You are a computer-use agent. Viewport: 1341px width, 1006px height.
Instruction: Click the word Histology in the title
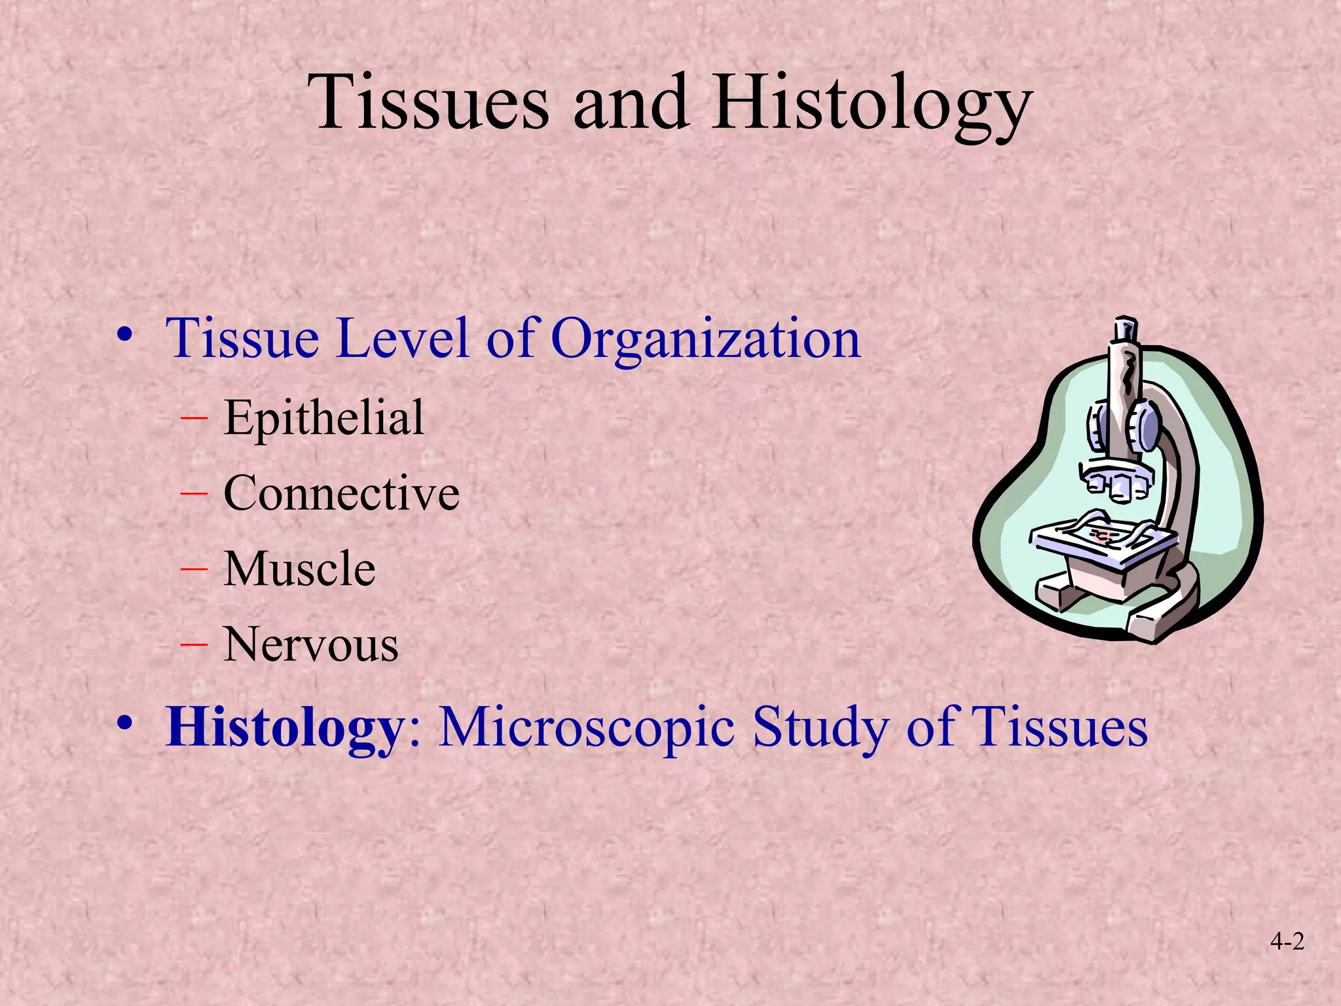[x=872, y=105]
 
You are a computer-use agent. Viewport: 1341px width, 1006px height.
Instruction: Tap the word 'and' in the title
[x=631, y=103]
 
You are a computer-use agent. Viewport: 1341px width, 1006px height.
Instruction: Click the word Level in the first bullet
[x=402, y=338]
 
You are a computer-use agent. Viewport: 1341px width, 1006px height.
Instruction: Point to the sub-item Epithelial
[x=323, y=418]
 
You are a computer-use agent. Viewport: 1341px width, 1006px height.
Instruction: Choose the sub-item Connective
[x=341, y=493]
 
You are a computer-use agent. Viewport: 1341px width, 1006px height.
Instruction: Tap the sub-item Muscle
[x=299, y=568]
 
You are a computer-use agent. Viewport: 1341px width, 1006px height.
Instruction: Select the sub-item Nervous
[x=310, y=644]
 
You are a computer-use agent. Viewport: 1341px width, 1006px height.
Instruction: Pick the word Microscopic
[x=586, y=727]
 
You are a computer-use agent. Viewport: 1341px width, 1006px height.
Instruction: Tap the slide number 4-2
[x=1287, y=942]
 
